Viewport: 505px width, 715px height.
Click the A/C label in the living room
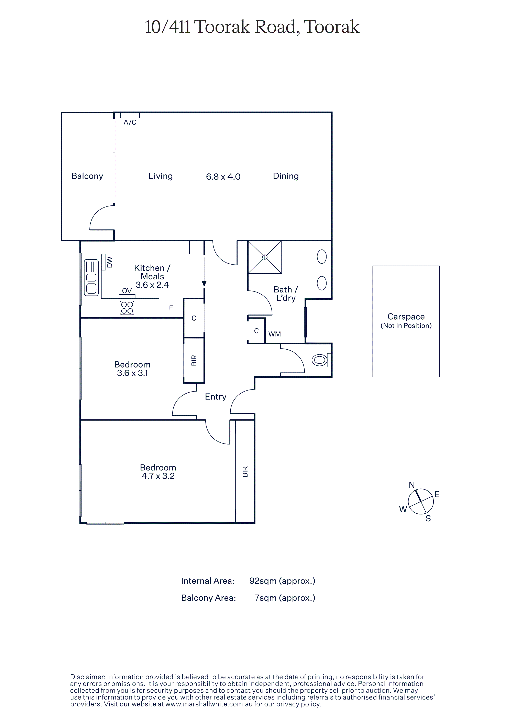(x=130, y=122)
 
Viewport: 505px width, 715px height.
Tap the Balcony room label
(x=87, y=176)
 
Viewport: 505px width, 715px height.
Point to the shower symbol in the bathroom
(x=265, y=257)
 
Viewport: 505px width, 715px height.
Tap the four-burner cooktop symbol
(x=127, y=308)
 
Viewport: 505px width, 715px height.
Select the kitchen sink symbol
(x=91, y=277)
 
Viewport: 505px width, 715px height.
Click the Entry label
(x=216, y=397)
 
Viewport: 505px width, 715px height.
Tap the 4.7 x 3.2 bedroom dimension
(x=158, y=476)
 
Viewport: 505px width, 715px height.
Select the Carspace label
(x=406, y=317)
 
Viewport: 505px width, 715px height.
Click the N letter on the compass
(x=412, y=485)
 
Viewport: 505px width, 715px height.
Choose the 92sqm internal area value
(x=263, y=581)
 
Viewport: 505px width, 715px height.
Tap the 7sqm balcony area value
(x=265, y=598)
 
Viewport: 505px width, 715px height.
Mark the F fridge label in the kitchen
(x=171, y=308)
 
